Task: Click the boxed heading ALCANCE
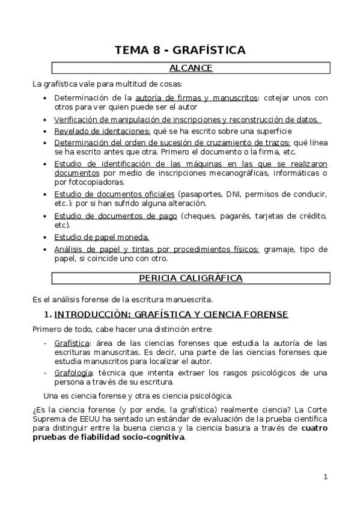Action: (x=191, y=68)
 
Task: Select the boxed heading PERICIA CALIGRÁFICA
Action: (x=191, y=278)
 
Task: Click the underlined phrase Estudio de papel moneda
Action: (x=102, y=237)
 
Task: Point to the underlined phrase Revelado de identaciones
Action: (x=102, y=131)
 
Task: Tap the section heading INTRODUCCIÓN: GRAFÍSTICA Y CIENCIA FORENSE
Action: (x=171, y=315)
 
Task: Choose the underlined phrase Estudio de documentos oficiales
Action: (x=114, y=194)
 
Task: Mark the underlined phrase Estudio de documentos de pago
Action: (x=115, y=216)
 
